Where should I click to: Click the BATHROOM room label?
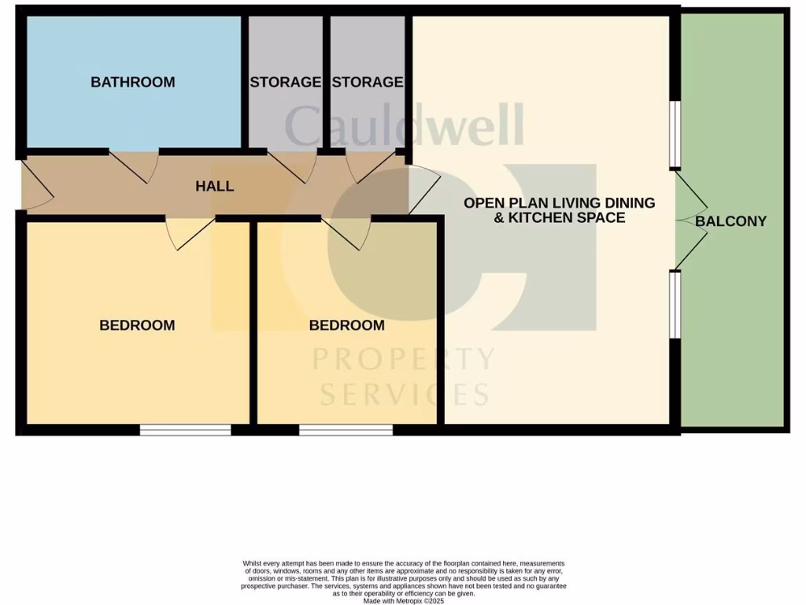pos(132,82)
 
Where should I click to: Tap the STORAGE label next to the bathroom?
pos(285,82)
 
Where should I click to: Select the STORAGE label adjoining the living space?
pos(368,82)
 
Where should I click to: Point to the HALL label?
pos(215,187)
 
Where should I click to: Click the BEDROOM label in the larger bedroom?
pos(137,325)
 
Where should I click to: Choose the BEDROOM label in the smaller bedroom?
pos(346,325)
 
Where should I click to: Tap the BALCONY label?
pos(730,221)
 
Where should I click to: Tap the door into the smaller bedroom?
pos(346,232)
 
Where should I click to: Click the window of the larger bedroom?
pos(186,430)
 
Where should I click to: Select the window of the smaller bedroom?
pos(346,430)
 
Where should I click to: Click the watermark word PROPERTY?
pos(404,360)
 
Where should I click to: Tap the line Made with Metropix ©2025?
pos(404,600)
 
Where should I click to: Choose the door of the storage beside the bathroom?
pos(293,165)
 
